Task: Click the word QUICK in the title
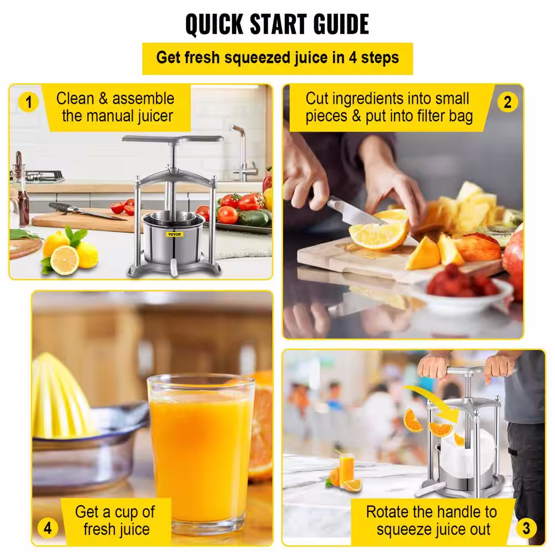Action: point(214,24)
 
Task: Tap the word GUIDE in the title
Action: point(341,24)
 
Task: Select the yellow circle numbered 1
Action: point(28,102)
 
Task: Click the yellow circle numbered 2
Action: point(508,102)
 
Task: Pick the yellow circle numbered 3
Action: point(526,528)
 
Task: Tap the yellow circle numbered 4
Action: point(48,528)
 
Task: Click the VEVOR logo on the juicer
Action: point(174,234)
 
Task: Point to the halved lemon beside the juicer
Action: point(64,260)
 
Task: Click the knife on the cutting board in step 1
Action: point(87,211)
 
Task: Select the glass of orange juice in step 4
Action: point(201,454)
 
